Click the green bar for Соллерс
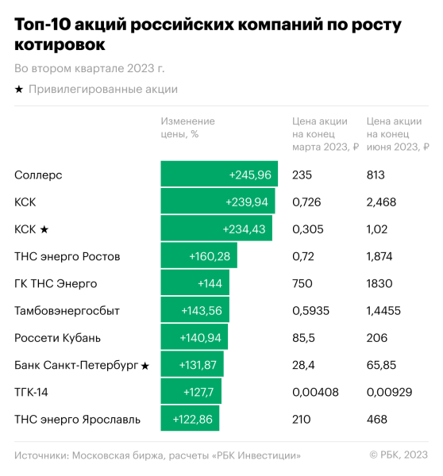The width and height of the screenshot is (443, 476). coord(218,175)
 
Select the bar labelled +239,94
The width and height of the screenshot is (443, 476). coord(218,202)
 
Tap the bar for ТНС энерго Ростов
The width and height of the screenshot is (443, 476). coord(198,256)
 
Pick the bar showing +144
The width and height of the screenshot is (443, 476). coord(195,283)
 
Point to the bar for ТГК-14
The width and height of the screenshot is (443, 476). coord(191,392)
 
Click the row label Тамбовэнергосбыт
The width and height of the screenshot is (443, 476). coord(67,310)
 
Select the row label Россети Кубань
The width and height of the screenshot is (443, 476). coord(57,338)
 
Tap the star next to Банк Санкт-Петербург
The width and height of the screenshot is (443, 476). coord(144,365)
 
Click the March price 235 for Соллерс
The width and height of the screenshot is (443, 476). coord(302,175)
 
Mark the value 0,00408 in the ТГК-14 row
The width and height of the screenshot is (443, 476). coord(315,392)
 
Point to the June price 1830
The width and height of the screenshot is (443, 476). coord(379,283)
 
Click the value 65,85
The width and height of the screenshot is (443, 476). coord(381,365)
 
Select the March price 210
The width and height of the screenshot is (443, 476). coord(302,419)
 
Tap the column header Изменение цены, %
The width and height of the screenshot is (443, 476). coord(187,128)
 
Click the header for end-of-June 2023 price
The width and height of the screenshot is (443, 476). coord(397,134)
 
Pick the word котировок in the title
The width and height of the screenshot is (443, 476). coord(59,46)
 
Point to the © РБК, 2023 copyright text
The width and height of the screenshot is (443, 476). coord(399,455)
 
